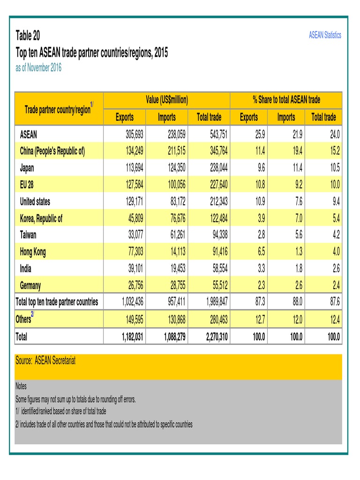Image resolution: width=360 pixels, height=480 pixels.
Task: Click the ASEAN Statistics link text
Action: click(325, 35)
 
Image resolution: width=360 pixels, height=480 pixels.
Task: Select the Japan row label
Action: click(27, 167)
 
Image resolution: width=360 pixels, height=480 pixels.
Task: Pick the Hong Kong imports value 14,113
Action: click(176, 252)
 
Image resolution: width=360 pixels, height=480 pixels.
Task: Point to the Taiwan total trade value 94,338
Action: click(218, 235)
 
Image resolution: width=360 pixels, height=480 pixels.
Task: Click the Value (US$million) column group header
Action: click(166, 100)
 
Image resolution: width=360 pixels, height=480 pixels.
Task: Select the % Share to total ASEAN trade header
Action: click(286, 100)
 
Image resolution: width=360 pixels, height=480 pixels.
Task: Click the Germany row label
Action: click(30, 285)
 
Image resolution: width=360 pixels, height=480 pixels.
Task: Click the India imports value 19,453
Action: click(176, 269)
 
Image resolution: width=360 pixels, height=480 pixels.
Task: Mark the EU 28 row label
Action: click(27, 184)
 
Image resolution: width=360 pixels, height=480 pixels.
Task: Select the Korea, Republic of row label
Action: click(41, 218)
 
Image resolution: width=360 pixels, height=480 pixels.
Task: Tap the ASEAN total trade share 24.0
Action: click(334, 134)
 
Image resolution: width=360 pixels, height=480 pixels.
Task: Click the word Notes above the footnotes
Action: click(21, 387)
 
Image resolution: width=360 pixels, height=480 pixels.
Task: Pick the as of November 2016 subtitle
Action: click(38, 68)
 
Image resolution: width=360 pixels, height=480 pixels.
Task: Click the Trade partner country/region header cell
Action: click(59, 109)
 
